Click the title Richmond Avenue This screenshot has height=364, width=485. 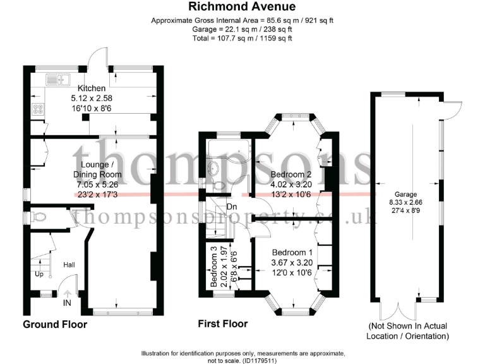coord(242,8)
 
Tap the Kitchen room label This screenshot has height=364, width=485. coord(91,88)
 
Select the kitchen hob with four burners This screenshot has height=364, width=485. coord(37,108)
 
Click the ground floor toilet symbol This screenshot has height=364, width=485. coord(40,217)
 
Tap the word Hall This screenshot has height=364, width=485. coord(69,264)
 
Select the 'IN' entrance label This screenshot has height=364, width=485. coord(68,303)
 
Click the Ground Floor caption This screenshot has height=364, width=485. coord(55,325)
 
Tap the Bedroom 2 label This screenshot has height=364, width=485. coord(291,174)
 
